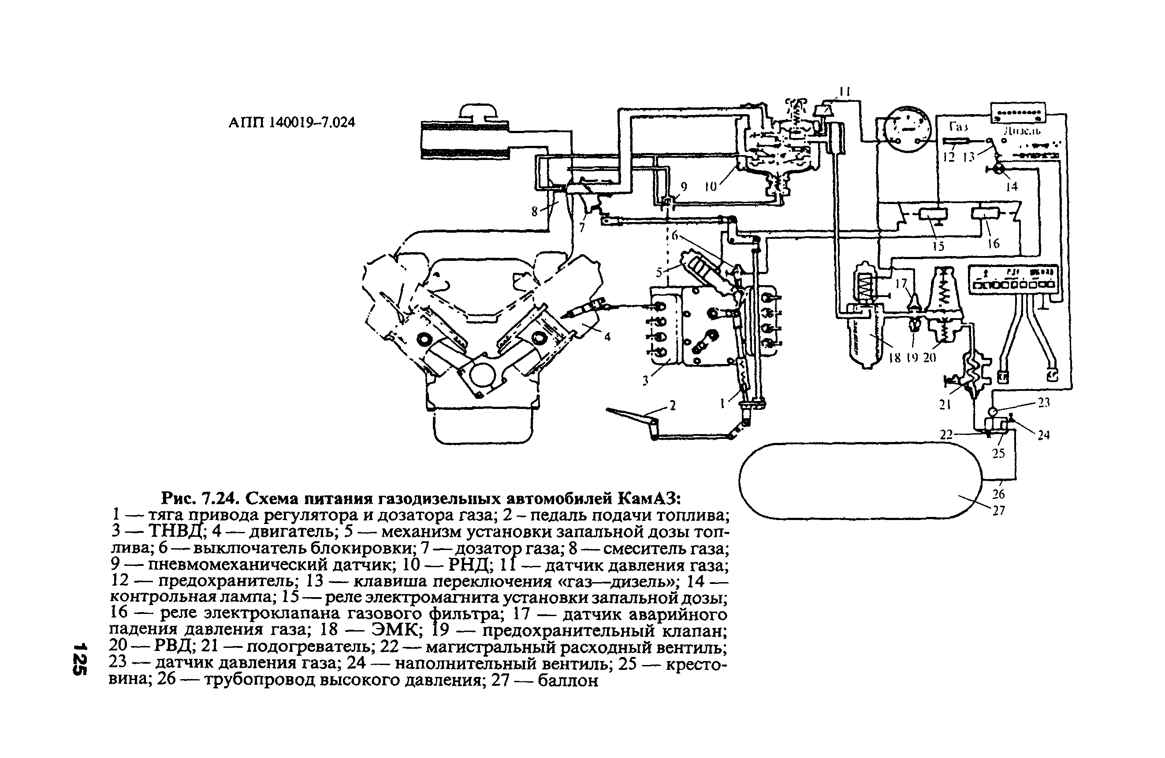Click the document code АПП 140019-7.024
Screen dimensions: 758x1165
292,123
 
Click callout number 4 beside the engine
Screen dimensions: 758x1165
607,337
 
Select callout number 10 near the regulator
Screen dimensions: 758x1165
710,186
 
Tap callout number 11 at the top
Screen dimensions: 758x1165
845,92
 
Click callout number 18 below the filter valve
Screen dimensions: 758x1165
894,358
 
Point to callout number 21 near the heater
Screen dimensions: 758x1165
945,404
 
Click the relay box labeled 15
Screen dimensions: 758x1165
933,214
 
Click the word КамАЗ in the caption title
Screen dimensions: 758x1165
650,498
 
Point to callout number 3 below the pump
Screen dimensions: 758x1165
646,380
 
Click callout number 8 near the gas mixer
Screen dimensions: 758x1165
535,212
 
